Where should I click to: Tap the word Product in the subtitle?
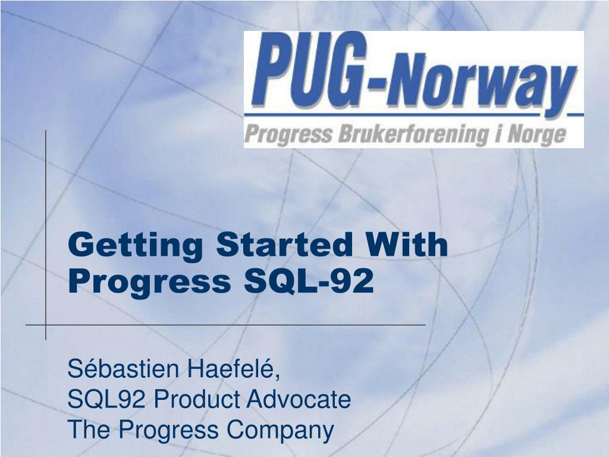click(x=190, y=399)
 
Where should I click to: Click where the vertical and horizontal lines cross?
click(x=46, y=325)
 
